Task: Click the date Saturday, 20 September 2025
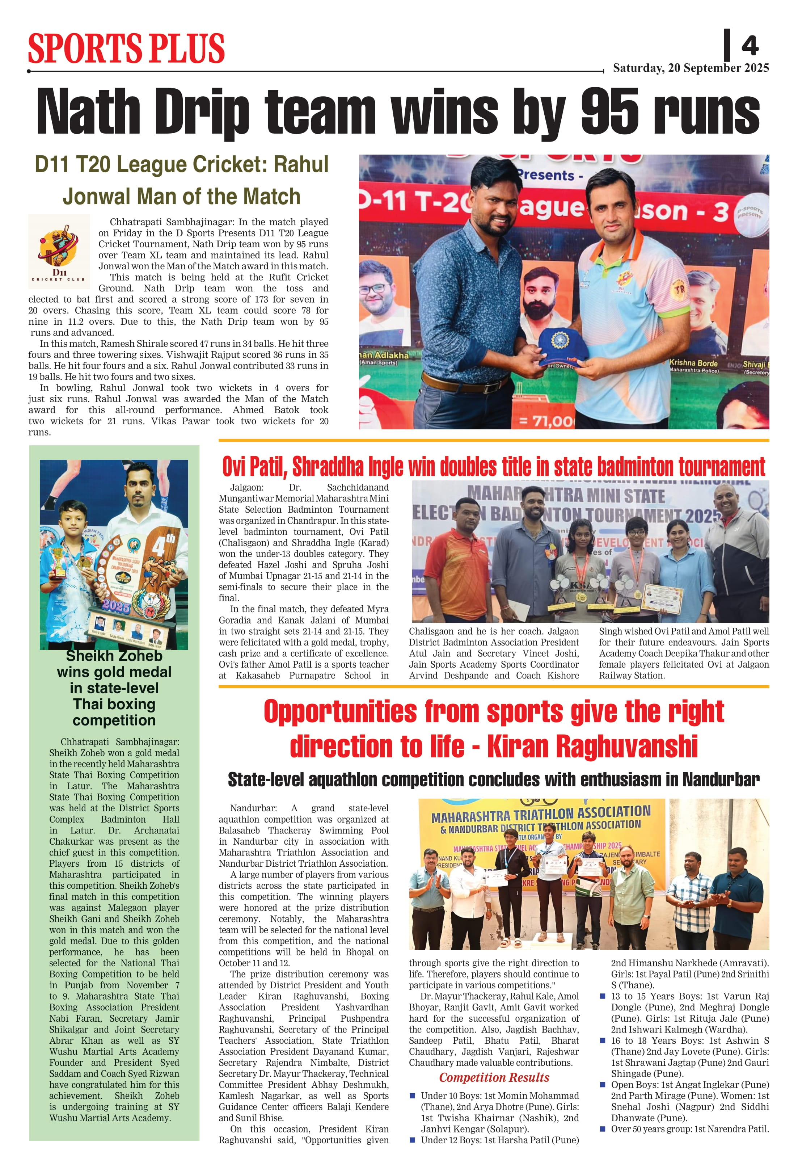click(x=691, y=68)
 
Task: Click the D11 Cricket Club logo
click(x=59, y=248)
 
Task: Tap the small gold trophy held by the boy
click(x=59, y=561)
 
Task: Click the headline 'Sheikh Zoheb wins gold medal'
click(x=114, y=664)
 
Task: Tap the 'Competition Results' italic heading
click(x=494, y=1077)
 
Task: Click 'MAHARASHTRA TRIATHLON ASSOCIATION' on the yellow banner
click(x=541, y=814)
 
